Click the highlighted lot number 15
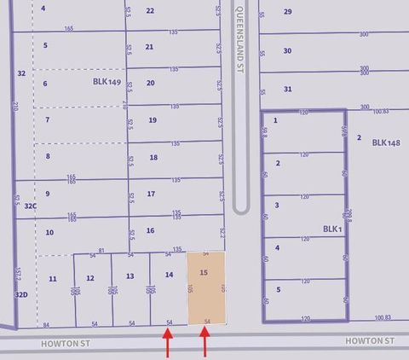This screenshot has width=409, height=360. [x=203, y=273]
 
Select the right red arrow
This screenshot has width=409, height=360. [x=205, y=344]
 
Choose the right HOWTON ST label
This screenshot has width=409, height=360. [x=371, y=340]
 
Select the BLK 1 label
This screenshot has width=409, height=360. [x=331, y=229]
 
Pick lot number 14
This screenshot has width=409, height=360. [x=169, y=275]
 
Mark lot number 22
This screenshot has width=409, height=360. [x=150, y=11]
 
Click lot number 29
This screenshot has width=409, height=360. [x=287, y=12]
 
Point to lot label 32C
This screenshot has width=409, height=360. [x=31, y=206]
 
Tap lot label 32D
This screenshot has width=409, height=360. [x=21, y=294]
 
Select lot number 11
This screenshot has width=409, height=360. [x=53, y=279]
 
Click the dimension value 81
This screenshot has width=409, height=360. [x=101, y=250]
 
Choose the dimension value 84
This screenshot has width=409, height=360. [x=46, y=324]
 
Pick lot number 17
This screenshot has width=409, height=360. [x=151, y=195]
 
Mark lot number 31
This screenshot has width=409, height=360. [x=288, y=89]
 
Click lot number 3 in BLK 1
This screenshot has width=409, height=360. [x=276, y=205]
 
